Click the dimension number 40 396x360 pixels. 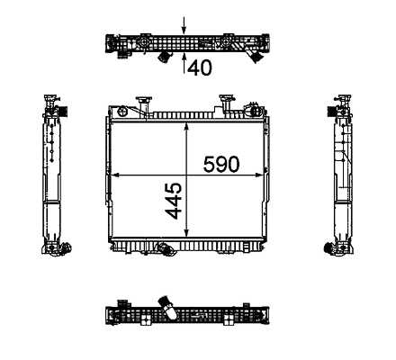click(200, 67)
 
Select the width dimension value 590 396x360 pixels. click(221, 165)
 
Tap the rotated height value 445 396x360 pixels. click(174, 202)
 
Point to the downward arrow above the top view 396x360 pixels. click(184, 25)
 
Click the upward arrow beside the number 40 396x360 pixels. click(184, 63)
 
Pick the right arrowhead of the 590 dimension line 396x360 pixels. click(258, 175)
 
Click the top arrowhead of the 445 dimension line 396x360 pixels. click(186, 128)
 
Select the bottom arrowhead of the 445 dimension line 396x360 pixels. click(186, 231)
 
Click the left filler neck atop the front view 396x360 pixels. click(143, 104)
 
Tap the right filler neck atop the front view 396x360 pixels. click(226, 104)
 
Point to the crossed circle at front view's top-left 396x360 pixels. click(123, 112)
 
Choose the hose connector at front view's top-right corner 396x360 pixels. click(254, 110)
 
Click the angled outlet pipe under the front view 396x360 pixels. click(165, 248)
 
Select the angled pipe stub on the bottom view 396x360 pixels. click(168, 308)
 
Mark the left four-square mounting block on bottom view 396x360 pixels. click(146, 319)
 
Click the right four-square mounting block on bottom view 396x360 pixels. click(229, 319)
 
